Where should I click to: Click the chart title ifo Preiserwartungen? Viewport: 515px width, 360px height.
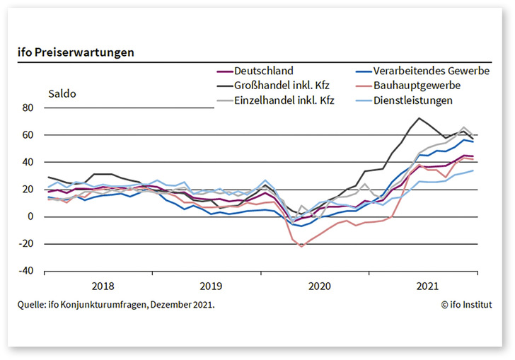point(76,52)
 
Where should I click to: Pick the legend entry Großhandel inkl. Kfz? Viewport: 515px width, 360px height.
point(282,86)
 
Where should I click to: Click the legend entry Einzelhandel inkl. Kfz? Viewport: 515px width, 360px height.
point(284,100)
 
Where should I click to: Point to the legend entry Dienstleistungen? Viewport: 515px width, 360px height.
point(422,100)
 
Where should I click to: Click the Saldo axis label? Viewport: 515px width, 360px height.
point(62,93)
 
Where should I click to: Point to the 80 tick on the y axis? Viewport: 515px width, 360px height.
point(28,108)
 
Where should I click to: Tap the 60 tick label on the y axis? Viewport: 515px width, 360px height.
point(28,135)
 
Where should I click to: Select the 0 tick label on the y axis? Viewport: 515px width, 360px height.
point(30,216)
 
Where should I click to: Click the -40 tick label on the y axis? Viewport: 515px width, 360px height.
point(25,271)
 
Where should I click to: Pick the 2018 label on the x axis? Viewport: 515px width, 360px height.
point(103,286)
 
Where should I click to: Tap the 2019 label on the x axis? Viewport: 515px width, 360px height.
point(210,286)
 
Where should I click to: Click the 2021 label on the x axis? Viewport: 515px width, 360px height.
point(427,286)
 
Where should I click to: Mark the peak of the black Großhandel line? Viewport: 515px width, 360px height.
point(419,118)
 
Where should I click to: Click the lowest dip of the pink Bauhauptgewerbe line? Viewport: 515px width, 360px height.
point(302,246)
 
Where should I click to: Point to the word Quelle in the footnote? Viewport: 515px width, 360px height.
point(32,305)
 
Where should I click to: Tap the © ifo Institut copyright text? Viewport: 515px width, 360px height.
point(466,305)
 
